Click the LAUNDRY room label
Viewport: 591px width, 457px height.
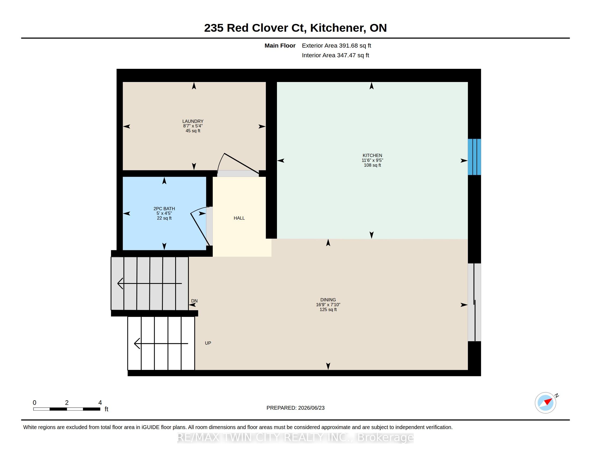(x=193, y=121)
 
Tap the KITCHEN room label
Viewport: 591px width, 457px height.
(x=372, y=155)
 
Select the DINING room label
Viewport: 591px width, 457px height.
(x=328, y=300)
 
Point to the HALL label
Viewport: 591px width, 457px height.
(x=239, y=218)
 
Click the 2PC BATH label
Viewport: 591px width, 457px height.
(x=164, y=208)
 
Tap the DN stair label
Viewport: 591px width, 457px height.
(x=194, y=301)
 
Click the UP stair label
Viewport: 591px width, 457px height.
(x=208, y=343)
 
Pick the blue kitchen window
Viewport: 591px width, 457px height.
(x=474, y=157)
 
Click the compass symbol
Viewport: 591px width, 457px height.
(x=546, y=403)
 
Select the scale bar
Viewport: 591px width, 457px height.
(x=67, y=409)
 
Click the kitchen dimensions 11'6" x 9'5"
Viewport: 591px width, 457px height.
(x=372, y=160)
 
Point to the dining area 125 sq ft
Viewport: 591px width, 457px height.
(x=328, y=309)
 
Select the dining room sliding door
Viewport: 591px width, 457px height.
(x=474, y=302)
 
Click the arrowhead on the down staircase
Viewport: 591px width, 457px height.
(x=120, y=283)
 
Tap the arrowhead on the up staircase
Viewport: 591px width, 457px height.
(x=137, y=344)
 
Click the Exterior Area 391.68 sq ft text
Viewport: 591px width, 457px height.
(x=336, y=45)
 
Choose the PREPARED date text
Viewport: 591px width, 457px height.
(x=295, y=408)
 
